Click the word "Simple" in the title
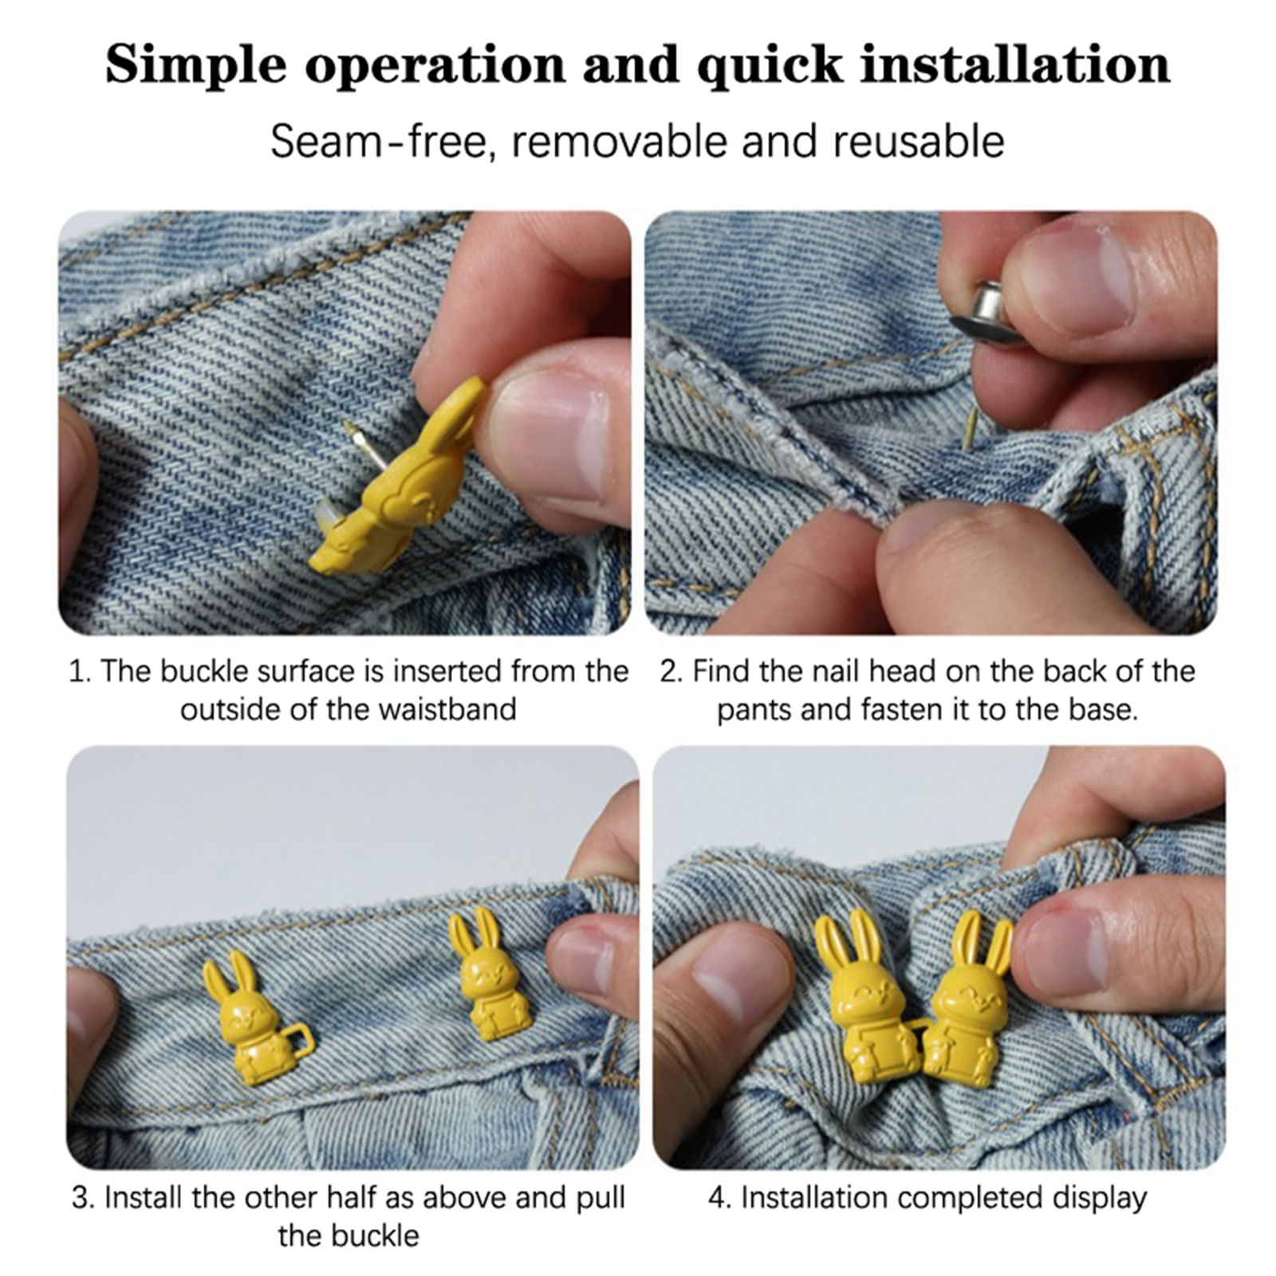(x=195, y=65)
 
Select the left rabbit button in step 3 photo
(x=247, y=1017)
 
